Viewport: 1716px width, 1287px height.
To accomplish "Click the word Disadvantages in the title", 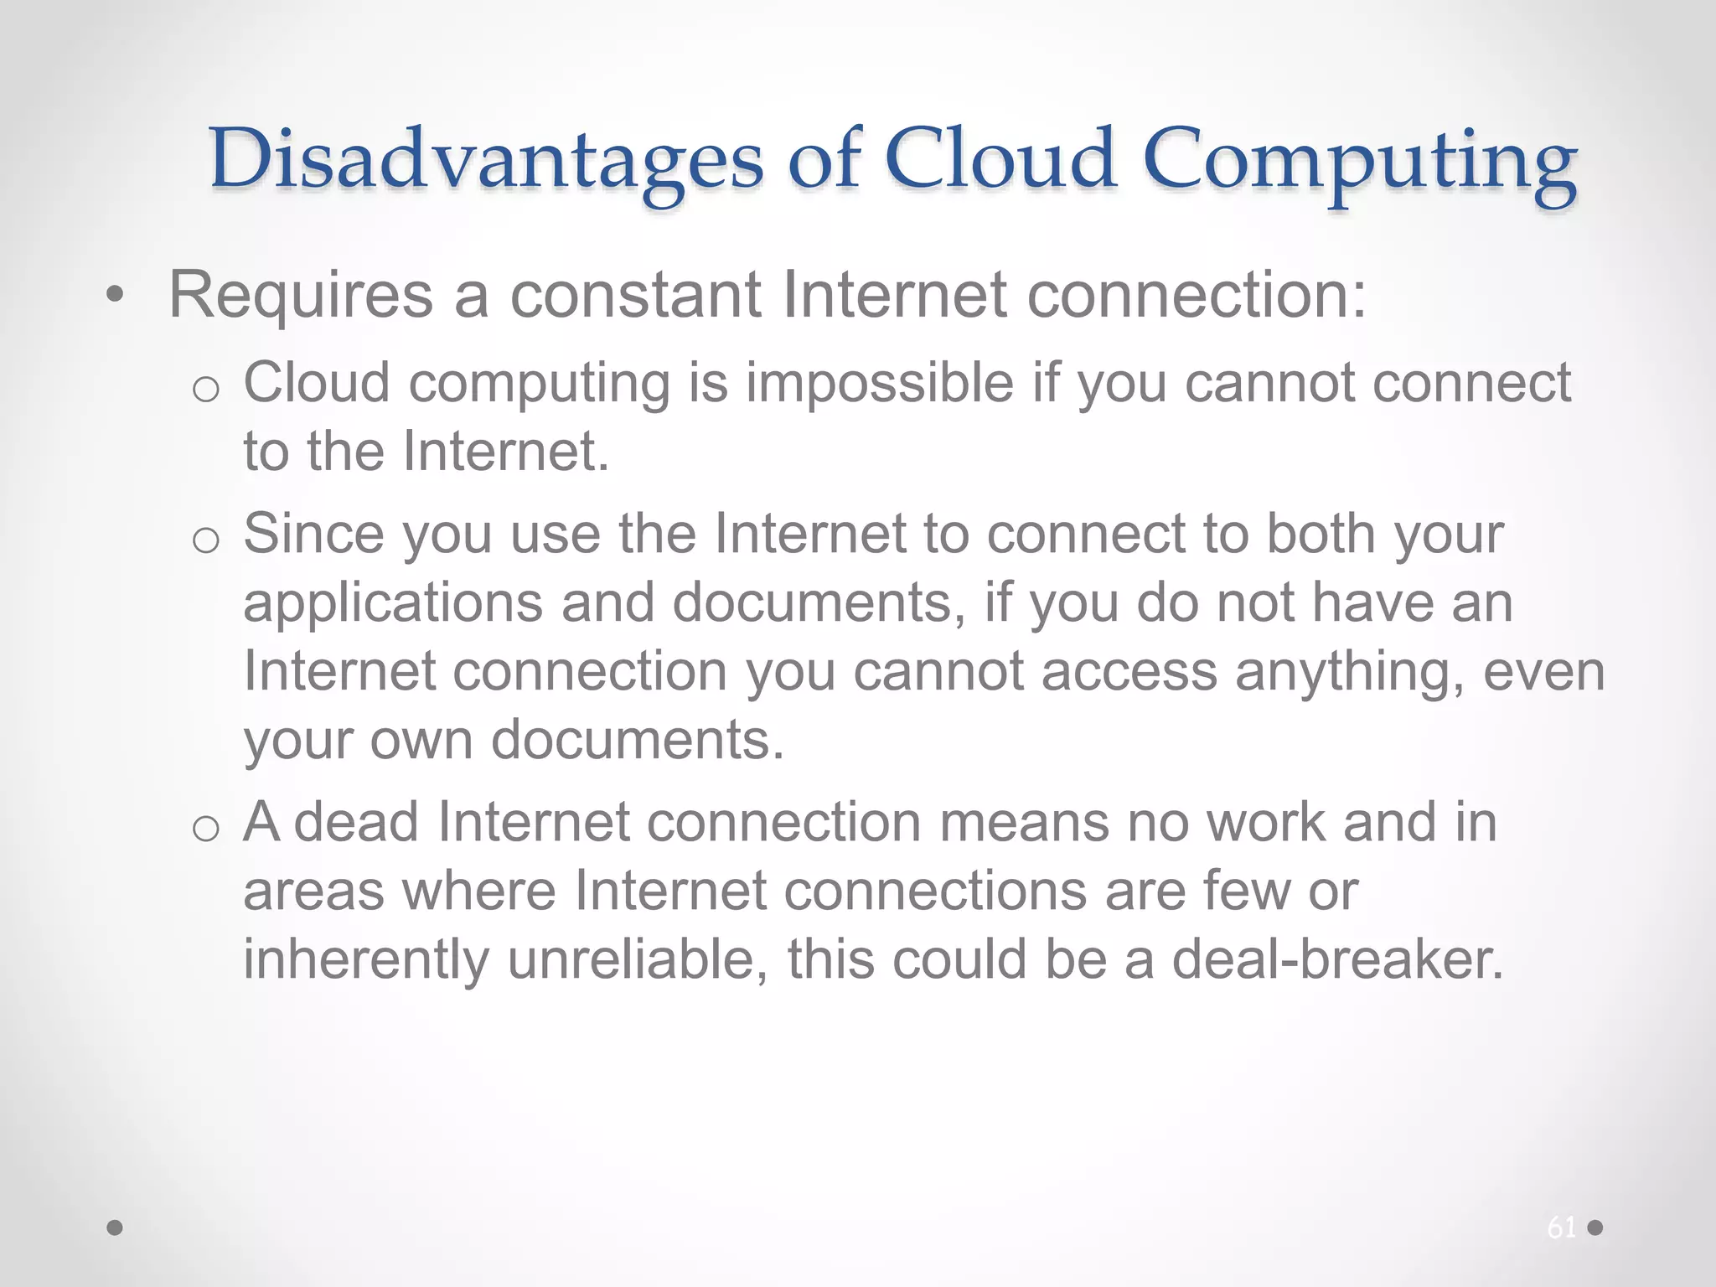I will click(x=486, y=159).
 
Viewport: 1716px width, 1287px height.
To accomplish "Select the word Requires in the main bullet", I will click(x=301, y=295).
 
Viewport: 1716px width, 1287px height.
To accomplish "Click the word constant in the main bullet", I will click(x=636, y=295).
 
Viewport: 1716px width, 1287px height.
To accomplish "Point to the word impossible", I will click(x=880, y=384).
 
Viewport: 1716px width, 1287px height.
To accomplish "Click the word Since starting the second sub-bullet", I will click(x=314, y=533).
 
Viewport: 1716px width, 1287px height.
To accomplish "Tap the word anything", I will click(x=1350, y=673).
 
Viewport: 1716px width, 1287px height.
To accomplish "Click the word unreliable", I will click(x=638, y=959).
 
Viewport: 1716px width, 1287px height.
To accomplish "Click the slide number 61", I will click(x=1561, y=1228).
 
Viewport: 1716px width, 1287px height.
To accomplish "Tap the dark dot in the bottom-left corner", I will click(x=116, y=1228).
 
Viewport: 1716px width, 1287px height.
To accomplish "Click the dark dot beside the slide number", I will click(x=1595, y=1228).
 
